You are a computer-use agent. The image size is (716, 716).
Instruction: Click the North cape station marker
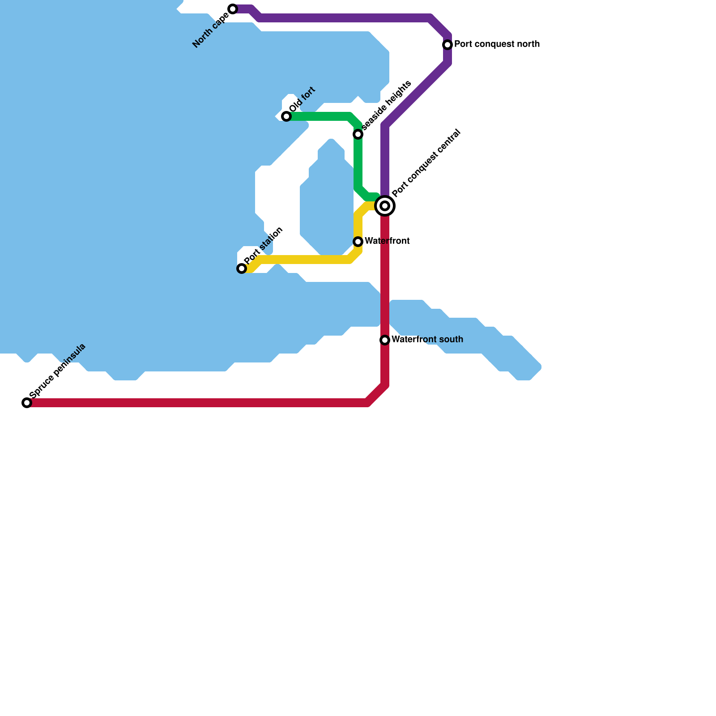point(233,9)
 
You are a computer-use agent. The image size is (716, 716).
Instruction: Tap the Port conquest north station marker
point(447,45)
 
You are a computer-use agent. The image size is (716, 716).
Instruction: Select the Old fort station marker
point(286,116)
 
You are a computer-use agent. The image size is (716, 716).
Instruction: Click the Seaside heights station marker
point(358,134)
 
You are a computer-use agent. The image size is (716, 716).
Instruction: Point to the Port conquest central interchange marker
point(385,206)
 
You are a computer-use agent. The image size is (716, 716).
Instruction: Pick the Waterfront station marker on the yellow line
point(358,242)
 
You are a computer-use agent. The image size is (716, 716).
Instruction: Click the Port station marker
point(242,268)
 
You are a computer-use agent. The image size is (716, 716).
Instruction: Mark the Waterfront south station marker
point(385,340)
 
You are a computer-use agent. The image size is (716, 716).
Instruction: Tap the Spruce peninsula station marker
point(27,403)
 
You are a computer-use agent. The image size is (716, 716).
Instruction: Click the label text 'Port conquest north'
point(497,44)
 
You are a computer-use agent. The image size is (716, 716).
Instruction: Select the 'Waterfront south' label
point(427,340)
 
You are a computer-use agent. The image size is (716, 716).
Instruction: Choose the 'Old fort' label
point(303,99)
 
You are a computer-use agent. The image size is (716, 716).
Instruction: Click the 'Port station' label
point(264,246)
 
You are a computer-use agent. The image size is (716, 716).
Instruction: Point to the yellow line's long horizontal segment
point(304,260)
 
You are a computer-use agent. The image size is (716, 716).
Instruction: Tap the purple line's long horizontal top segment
point(345,18)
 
